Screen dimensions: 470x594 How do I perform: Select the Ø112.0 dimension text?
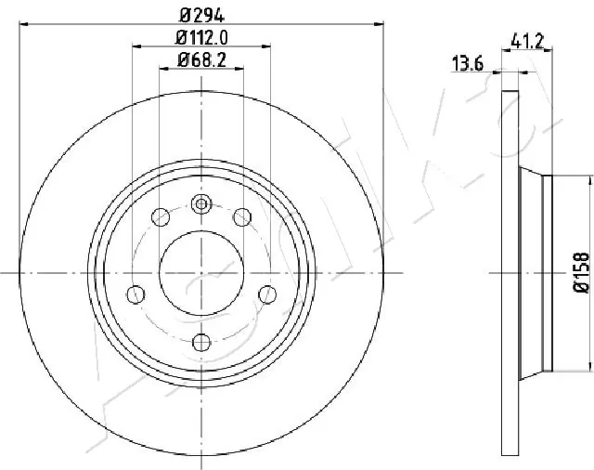pos(202,38)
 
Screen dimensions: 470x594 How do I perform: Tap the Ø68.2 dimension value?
pos(201,62)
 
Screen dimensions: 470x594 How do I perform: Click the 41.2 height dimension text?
pos(526,39)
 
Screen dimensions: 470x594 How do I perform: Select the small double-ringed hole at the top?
pos(201,203)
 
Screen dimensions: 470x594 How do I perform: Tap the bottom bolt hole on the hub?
pos(201,341)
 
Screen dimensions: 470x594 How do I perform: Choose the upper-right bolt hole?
pos(242,217)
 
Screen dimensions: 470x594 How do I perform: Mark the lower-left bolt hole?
pos(136,294)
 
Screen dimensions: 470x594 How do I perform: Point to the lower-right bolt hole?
pos(268,294)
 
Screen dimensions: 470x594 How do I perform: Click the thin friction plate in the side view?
pos(509,272)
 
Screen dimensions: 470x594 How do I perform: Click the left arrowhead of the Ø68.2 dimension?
pos(164,71)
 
